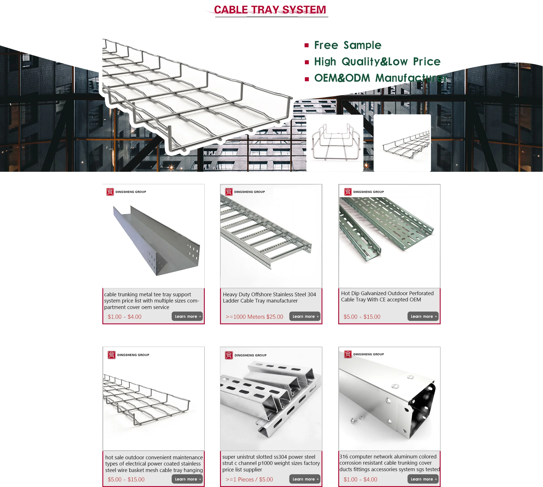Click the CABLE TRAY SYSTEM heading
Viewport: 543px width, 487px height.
pyautogui.click(x=270, y=10)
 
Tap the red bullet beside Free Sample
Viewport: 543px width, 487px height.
pyautogui.click(x=307, y=45)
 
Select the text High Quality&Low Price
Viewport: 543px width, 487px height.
pyautogui.click(x=377, y=62)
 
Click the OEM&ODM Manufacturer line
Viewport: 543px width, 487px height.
pyautogui.click(x=380, y=78)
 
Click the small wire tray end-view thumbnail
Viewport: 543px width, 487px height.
pyautogui.click(x=335, y=143)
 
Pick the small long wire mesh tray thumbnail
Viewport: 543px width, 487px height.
pyautogui.click(x=402, y=143)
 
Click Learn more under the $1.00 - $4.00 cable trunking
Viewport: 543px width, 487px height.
pyautogui.click(x=187, y=316)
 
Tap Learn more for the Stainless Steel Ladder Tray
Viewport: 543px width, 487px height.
pyautogui.click(x=305, y=316)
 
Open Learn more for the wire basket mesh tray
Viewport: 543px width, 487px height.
pyautogui.click(x=187, y=479)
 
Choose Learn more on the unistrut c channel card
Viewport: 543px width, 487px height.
pyautogui.click(x=305, y=479)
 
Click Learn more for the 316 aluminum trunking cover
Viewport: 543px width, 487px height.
pyautogui.click(x=423, y=479)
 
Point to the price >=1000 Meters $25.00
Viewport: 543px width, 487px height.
pyautogui.click(x=254, y=317)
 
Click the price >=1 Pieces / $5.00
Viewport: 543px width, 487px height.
pyautogui.click(x=249, y=480)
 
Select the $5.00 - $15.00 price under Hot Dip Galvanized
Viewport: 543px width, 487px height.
pyautogui.click(x=362, y=317)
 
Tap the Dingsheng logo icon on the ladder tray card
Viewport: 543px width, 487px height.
pyautogui.click(x=229, y=192)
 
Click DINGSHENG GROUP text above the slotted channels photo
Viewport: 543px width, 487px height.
pyautogui.click(x=250, y=355)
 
